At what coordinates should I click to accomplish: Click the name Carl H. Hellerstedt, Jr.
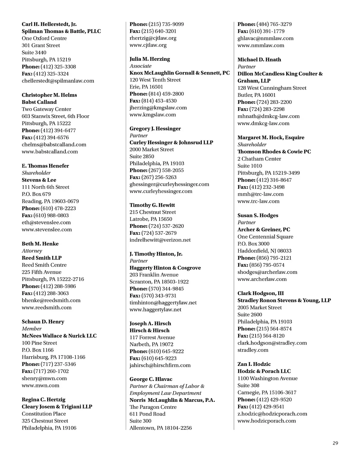(x=49, y=24)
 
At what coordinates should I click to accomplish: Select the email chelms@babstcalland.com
(x=54, y=144)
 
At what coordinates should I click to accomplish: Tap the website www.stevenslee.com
(x=47, y=230)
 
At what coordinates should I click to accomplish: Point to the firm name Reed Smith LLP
(x=41, y=258)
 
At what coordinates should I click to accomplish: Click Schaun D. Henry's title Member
(x=32, y=329)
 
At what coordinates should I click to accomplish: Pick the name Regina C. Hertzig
(x=43, y=399)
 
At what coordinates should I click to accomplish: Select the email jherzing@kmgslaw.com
(x=158, y=108)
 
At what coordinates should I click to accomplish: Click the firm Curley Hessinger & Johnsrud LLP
(x=171, y=142)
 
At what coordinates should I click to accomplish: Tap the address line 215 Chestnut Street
(x=153, y=212)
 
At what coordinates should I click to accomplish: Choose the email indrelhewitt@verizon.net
(x=160, y=240)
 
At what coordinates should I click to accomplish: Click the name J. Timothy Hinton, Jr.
(x=156, y=254)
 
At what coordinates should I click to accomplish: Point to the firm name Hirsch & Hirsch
(x=149, y=330)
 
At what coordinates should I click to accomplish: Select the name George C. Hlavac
(x=151, y=379)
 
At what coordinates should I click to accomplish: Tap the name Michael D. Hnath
(x=259, y=59)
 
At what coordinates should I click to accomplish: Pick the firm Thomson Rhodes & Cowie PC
(x=274, y=151)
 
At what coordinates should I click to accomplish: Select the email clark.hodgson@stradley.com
(x=272, y=343)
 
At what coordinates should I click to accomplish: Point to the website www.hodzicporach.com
(x=266, y=421)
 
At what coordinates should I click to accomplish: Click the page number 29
(x=335, y=443)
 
